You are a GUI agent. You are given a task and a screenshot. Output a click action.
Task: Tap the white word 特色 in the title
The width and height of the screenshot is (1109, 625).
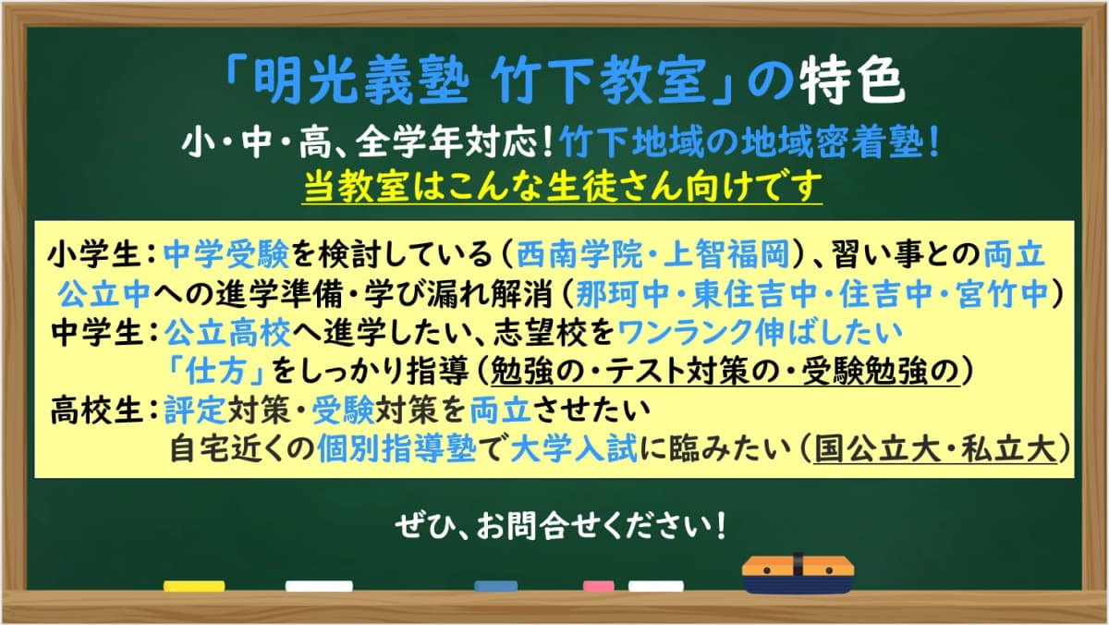849,84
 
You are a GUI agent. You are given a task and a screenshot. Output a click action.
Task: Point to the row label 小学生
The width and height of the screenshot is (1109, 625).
94,252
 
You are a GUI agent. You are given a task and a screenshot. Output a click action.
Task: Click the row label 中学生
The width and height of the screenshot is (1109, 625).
94,329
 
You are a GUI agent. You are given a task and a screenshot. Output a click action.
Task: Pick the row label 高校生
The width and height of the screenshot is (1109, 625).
94,408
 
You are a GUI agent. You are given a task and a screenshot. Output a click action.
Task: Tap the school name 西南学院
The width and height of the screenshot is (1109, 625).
569,252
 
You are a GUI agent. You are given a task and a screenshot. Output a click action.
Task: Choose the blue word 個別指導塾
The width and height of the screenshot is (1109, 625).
396,447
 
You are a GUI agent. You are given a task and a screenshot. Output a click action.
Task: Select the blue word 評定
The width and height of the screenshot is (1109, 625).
189,408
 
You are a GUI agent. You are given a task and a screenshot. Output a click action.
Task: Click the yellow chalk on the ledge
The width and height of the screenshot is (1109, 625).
194,585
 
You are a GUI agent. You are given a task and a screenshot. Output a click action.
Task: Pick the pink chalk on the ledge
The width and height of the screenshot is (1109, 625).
598,585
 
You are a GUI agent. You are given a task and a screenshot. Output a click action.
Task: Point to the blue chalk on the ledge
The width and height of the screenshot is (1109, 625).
495,585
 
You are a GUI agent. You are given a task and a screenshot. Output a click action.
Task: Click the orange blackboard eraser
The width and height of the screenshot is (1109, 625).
798,573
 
